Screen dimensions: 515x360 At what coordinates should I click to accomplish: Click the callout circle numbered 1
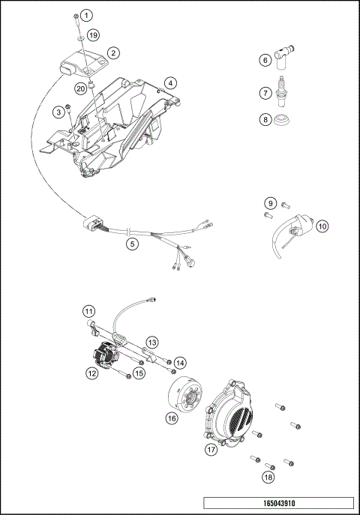[x=87, y=15]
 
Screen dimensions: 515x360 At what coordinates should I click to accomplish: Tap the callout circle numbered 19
[x=92, y=35]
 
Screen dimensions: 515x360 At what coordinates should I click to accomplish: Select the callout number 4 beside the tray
[x=171, y=82]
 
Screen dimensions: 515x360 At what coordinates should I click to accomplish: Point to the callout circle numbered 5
[x=131, y=244]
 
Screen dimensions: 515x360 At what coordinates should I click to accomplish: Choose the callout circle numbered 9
[x=268, y=203]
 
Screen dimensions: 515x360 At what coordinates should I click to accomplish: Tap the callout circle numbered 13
[x=151, y=342]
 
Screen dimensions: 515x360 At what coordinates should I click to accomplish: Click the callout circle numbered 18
[x=268, y=476]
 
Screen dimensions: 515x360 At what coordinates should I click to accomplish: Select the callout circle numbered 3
[x=57, y=112]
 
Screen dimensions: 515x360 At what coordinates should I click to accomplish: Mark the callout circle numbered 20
[x=79, y=88]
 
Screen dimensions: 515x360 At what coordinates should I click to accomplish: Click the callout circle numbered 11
[x=89, y=310]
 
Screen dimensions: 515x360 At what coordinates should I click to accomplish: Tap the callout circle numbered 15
[x=139, y=373]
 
